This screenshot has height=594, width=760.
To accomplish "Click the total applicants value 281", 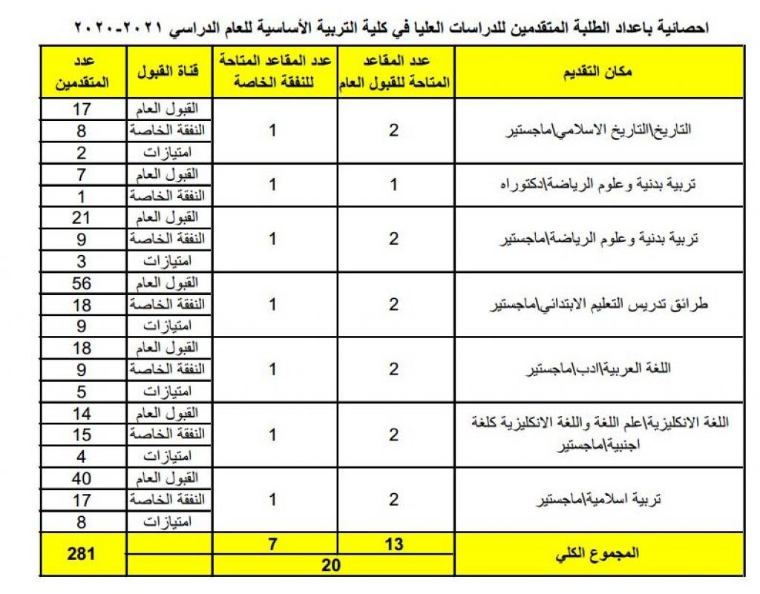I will pos(82,553).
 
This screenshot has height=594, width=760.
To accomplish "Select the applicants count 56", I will pos(82,283).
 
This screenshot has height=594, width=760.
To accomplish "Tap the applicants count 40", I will pos(82,478).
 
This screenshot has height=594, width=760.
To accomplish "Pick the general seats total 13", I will pos(394,544).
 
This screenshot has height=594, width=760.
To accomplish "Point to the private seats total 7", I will pos(272,544).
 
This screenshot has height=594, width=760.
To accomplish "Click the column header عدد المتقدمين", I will pos(82,72).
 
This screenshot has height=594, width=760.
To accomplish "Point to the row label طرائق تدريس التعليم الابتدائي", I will pos(599,305).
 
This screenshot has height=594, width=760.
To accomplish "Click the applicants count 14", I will pos(82,413).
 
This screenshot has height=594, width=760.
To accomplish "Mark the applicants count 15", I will pos(82,434).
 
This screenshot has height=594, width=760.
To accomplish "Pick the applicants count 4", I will pos(82,455).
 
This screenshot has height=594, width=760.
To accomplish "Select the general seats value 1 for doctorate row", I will pos(394,185).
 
